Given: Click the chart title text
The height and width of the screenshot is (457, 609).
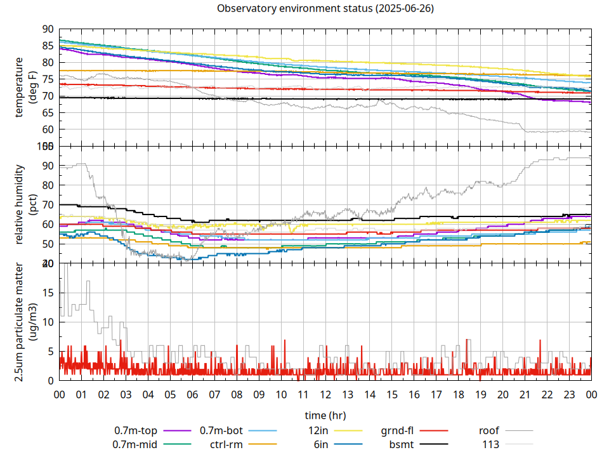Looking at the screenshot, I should pyautogui.click(x=325, y=9).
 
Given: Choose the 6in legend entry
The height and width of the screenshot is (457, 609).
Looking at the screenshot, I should pyautogui.click(x=321, y=444).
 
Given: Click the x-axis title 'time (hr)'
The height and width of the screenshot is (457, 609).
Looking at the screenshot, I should pyautogui.click(x=325, y=416).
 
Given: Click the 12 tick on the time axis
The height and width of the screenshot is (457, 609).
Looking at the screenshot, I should pyautogui.click(x=325, y=394).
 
